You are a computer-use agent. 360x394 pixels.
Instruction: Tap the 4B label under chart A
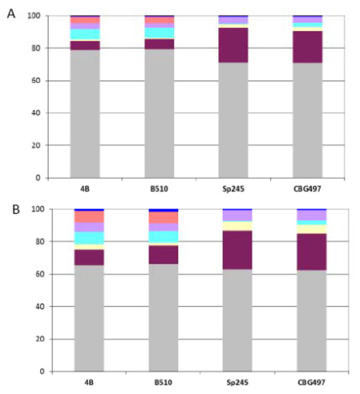(84, 191)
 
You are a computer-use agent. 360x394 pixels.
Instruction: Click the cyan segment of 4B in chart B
(89, 238)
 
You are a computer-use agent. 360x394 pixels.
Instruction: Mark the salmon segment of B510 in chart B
(163, 217)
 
